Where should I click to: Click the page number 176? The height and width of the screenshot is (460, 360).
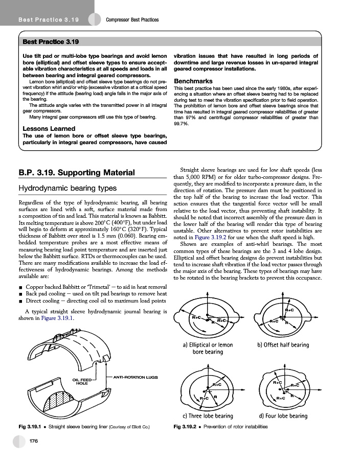tap(35, 441)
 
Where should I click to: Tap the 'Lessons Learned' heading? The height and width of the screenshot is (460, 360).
tap(46, 129)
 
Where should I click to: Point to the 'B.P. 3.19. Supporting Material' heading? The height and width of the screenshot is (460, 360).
tap(76, 172)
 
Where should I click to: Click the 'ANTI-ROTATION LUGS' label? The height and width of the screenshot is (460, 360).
tap(134, 377)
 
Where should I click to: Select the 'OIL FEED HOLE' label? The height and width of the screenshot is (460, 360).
tap(82, 382)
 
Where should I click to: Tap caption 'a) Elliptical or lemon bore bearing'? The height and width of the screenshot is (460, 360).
tap(207, 348)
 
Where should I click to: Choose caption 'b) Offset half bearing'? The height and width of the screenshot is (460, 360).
tap(283, 345)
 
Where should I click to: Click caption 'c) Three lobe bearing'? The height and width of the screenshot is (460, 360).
tap(208, 416)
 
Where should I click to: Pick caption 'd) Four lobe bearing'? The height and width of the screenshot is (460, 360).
tap(283, 416)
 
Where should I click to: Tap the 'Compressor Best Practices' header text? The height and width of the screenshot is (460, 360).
tap(132, 20)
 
